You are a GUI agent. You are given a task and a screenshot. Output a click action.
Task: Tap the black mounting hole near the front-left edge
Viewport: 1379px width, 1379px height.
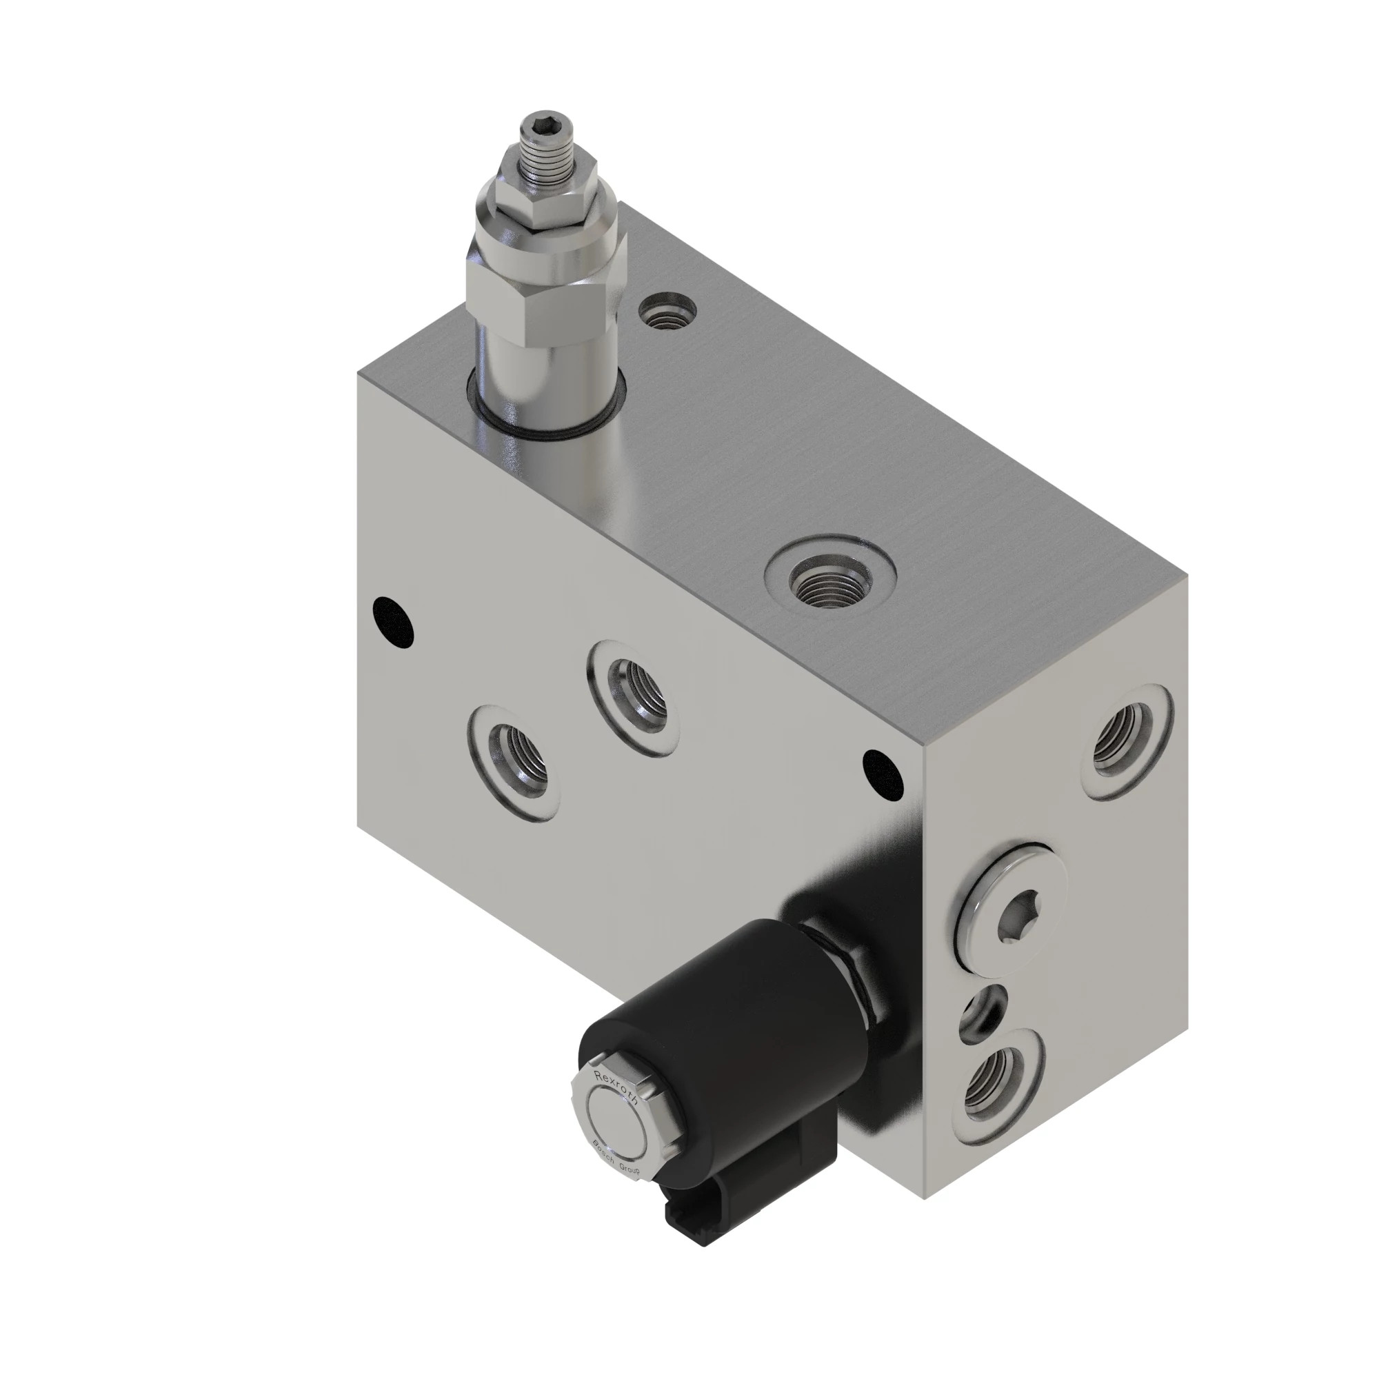pyautogui.click(x=393, y=622)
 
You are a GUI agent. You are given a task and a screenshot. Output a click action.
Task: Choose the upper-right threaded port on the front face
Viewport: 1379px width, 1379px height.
pyautogui.click(x=633, y=695)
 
